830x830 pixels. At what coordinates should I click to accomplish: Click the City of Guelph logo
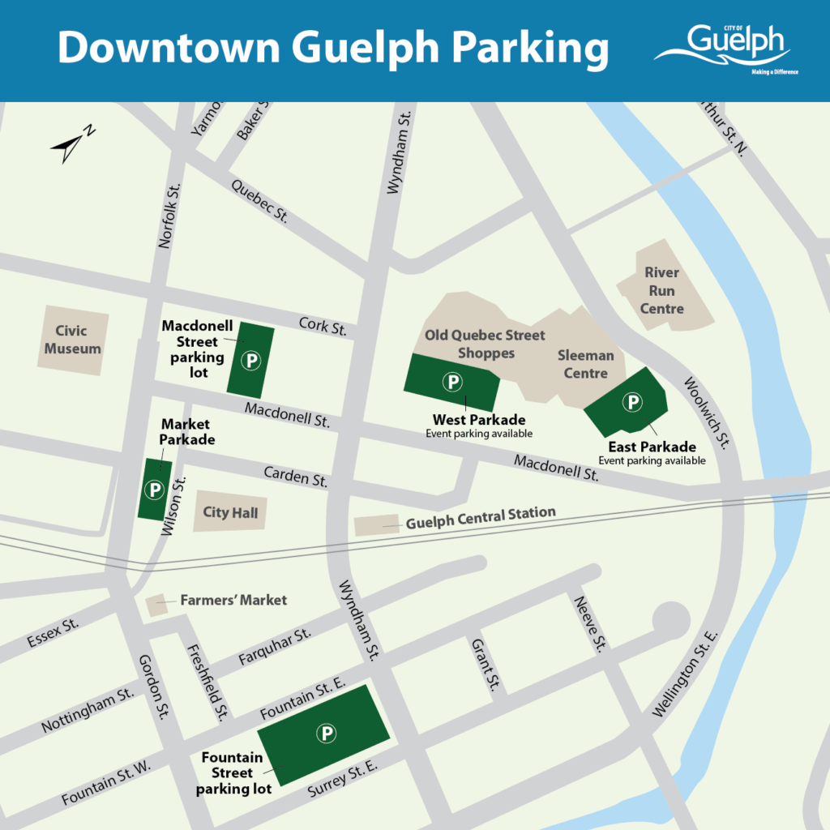pos(725,46)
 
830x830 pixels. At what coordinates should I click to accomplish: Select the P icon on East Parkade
pos(631,400)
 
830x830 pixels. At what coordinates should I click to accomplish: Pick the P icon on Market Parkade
pos(152,489)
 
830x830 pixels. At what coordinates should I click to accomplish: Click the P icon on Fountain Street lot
pos(326,734)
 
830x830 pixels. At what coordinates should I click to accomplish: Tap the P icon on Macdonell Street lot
pos(252,359)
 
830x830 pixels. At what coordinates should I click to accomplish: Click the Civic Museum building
pos(73,340)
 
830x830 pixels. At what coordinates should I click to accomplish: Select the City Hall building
pos(229,512)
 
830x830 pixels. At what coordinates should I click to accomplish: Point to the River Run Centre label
pos(662,290)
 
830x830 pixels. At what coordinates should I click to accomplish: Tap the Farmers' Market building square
pos(156,605)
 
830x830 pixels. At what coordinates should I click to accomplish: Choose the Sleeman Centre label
pos(585,365)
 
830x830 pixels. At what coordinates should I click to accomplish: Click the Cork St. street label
pos(323,327)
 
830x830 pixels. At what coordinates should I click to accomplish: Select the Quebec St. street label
pos(260,201)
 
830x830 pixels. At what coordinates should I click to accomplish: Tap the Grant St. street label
pos(484,665)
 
